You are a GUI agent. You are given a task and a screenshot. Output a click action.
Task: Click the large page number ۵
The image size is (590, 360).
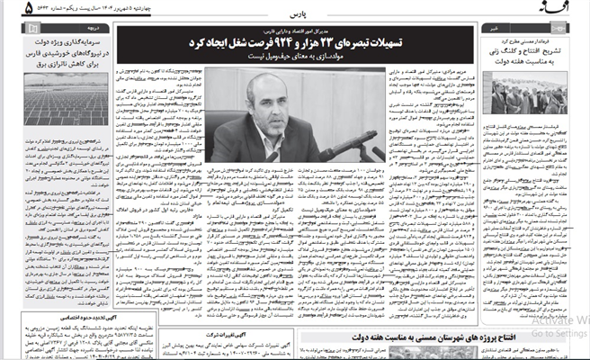tap(7, 9)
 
